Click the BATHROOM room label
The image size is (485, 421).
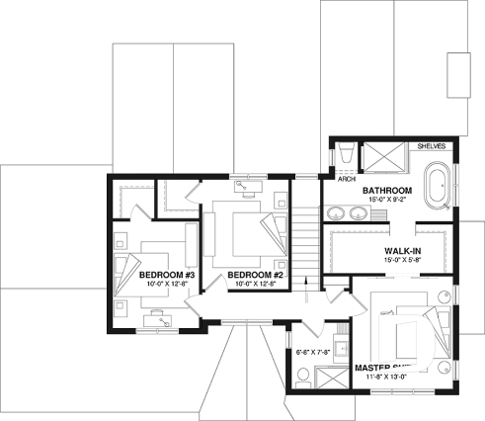[385, 190]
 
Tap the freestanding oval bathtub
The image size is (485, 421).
[435, 189]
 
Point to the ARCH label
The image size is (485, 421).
[347, 180]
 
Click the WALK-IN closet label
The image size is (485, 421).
[403, 252]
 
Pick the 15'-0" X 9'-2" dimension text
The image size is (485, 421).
[385, 200]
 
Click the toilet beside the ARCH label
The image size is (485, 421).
[345, 158]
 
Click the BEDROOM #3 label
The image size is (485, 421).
[166, 274]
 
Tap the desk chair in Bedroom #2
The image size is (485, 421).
[243, 185]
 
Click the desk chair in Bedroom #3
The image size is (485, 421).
[159, 319]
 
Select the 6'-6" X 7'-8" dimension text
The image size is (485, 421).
[316, 350]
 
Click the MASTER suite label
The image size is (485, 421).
[380, 367]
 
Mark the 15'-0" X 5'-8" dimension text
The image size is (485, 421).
[403, 262]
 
